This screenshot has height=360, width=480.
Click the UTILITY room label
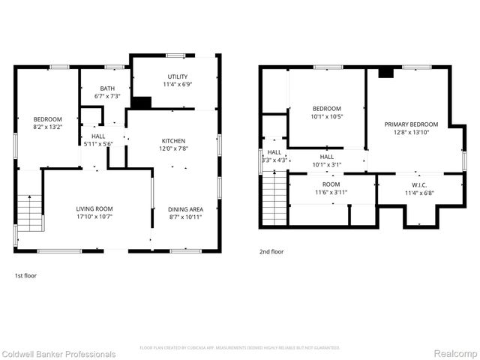(177, 76)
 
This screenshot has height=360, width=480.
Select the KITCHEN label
(173, 141)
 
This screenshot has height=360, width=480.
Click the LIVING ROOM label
(94, 208)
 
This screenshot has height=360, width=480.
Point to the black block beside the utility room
(140, 103)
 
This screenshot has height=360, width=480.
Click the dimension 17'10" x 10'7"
(94, 217)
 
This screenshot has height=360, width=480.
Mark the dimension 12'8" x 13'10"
(411, 133)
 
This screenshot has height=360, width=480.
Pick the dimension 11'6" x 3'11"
(331, 193)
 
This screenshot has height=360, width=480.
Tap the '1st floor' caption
(25, 276)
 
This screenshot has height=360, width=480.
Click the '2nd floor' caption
(271, 253)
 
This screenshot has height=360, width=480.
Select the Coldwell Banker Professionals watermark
(58, 354)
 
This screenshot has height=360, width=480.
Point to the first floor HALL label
(98, 136)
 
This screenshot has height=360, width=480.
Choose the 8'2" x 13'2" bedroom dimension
(47, 127)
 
